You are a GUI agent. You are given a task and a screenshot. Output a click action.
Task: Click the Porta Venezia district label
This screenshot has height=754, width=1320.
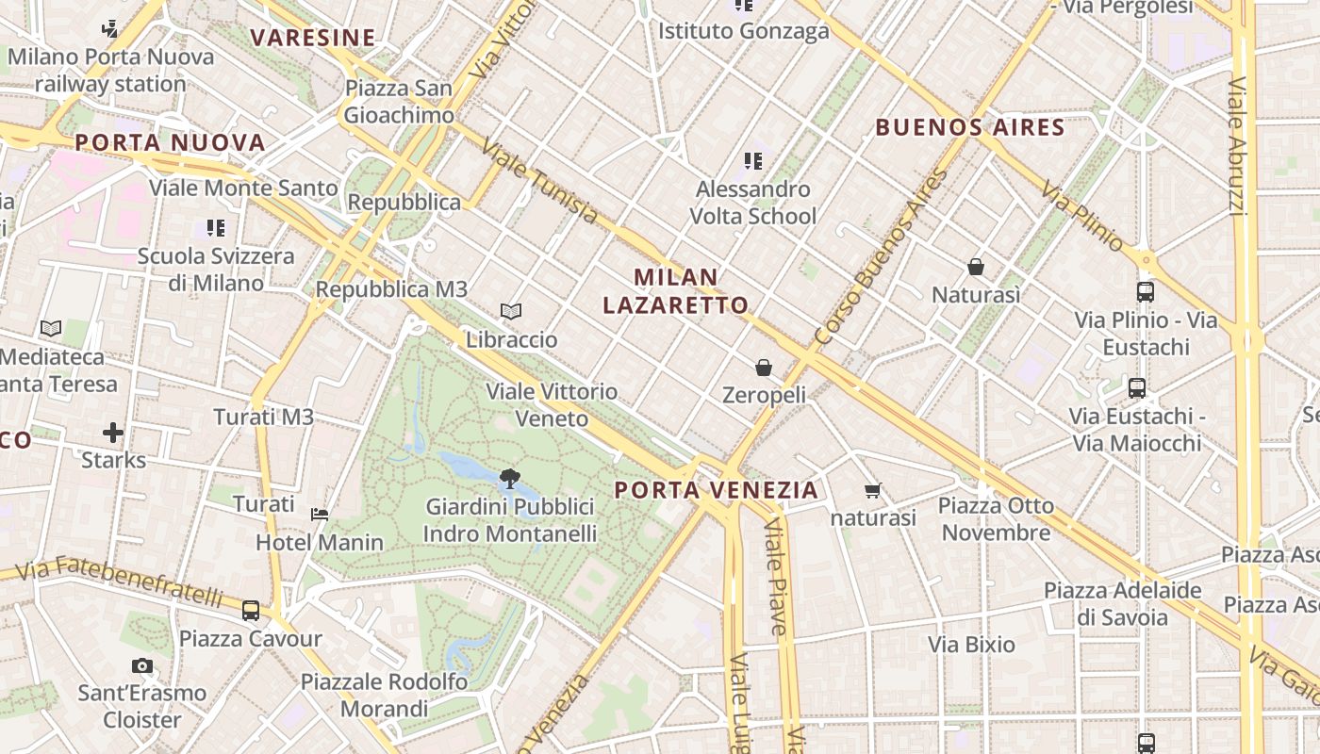pyautogui.click(x=716, y=490)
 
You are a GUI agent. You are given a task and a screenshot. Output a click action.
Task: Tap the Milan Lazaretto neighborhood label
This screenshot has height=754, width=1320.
pyautogui.click(x=676, y=291)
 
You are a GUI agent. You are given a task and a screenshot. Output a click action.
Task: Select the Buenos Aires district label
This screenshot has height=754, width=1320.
pyautogui.click(x=970, y=127)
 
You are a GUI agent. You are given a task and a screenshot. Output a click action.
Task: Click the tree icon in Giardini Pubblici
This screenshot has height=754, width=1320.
pyautogui.click(x=510, y=479)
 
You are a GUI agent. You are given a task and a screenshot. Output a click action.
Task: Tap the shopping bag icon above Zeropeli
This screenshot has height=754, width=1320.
pyautogui.click(x=764, y=367)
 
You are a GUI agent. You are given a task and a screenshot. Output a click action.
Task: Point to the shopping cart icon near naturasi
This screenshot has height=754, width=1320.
pyautogui.click(x=872, y=490)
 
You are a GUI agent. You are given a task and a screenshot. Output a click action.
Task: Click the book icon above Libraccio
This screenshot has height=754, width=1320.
pyautogui.click(x=511, y=311)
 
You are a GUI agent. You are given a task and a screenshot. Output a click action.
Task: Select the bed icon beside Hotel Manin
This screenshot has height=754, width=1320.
pyautogui.click(x=320, y=515)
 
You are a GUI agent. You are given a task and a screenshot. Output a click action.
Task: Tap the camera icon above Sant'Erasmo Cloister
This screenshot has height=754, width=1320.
pyautogui.click(x=142, y=666)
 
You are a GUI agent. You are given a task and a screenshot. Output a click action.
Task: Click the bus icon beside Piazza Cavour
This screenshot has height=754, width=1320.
pyautogui.click(x=251, y=611)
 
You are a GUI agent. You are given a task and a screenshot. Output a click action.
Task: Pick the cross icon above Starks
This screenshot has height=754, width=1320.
pyautogui.click(x=113, y=434)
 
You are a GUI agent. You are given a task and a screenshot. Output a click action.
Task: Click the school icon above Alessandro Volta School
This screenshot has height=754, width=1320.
pyautogui.click(x=752, y=161)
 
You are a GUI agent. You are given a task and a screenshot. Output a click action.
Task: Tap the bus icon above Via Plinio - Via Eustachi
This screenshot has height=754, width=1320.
pyautogui.click(x=1146, y=292)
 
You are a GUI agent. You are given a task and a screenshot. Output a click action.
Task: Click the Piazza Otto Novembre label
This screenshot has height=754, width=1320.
pyautogui.click(x=996, y=519)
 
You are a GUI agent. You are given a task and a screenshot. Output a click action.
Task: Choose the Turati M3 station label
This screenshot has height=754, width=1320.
pyautogui.click(x=263, y=417)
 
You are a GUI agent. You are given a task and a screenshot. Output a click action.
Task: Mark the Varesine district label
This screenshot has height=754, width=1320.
pyautogui.click(x=313, y=38)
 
